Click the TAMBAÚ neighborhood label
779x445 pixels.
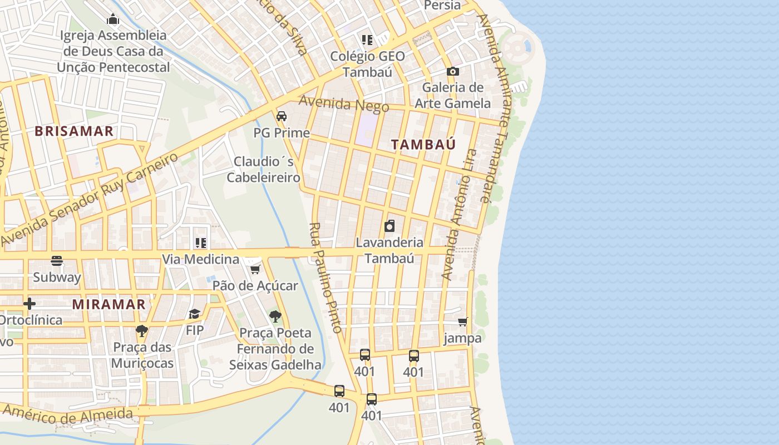(423, 145)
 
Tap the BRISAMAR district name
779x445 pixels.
(74, 131)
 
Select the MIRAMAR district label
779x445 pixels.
(109, 304)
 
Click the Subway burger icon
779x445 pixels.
(57, 261)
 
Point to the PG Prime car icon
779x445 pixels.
(282, 116)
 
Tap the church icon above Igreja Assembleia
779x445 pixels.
(113, 19)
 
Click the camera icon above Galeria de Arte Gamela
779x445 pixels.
(453, 71)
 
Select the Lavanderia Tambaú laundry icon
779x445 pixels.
(389, 226)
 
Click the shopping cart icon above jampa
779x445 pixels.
(462, 322)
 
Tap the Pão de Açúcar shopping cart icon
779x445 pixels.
(255, 269)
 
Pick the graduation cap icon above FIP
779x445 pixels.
(194, 314)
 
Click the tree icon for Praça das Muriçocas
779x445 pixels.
(142, 331)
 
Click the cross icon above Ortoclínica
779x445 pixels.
(29, 304)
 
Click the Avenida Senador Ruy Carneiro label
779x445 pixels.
(89, 199)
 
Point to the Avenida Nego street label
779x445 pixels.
(343, 104)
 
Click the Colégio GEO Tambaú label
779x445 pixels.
(367, 64)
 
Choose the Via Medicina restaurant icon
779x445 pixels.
(201, 243)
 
